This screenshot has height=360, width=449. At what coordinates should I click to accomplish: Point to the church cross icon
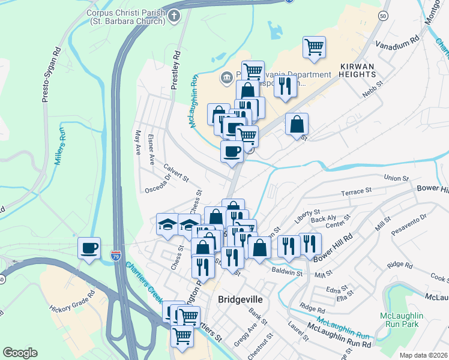(x=173, y=16)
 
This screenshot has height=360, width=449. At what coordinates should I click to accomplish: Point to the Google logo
(x=20, y=353)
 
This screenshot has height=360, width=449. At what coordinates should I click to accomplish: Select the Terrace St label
(x=357, y=192)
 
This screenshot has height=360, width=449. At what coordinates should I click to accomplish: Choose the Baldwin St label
(x=287, y=272)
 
